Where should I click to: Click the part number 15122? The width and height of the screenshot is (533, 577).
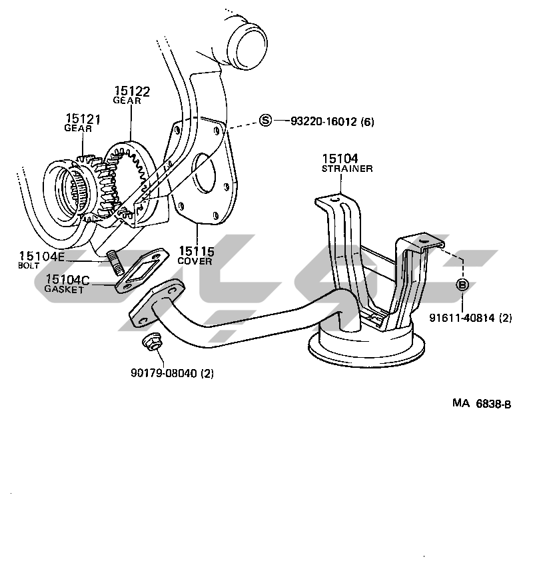[x=132, y=91]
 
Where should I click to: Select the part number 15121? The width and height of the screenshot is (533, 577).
[x=83, y=119]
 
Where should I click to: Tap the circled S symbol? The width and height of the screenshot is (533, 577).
[x=265, y=121]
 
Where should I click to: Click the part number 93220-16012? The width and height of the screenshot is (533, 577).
[x=324, y=121]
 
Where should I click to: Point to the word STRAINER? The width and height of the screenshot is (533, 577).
[x=347, y=169]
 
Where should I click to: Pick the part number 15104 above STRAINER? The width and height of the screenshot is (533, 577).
[x=340, y=159]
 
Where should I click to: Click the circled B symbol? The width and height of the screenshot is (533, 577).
[x=462, y=285]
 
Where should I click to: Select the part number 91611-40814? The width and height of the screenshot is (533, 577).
[x=462, y=317]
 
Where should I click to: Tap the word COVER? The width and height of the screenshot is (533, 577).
[x=195, y=261]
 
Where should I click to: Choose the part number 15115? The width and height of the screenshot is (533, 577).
[x=196, y=251]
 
